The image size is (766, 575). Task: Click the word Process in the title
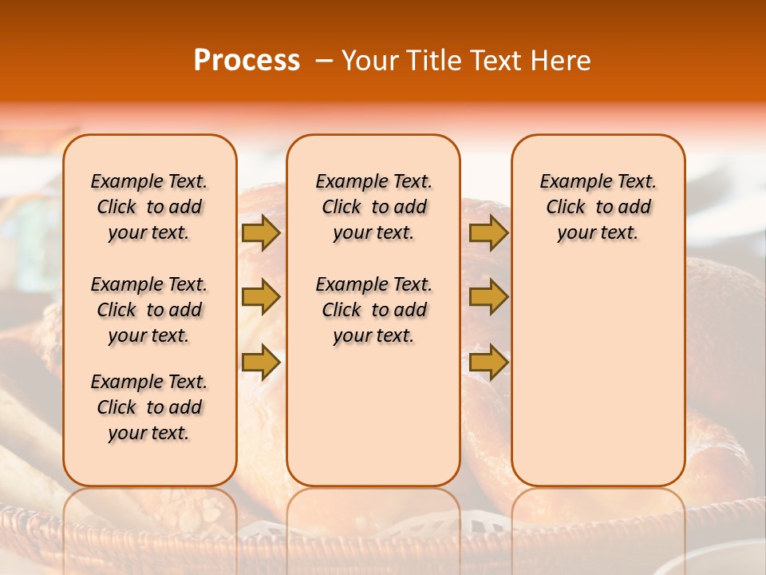247,61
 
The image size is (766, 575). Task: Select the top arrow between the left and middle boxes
261,233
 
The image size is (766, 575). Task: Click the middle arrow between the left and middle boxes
261,297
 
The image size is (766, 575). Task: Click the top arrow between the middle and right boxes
488,233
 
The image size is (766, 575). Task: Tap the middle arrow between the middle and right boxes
488,297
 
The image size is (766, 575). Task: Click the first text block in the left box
149,207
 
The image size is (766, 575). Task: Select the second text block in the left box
149,310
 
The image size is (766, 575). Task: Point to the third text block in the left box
149,407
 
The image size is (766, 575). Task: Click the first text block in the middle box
373,207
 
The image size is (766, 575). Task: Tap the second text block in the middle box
373,310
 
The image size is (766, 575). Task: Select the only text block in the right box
598,207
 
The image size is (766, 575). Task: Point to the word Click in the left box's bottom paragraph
116,407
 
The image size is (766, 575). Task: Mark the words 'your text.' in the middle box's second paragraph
373,336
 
